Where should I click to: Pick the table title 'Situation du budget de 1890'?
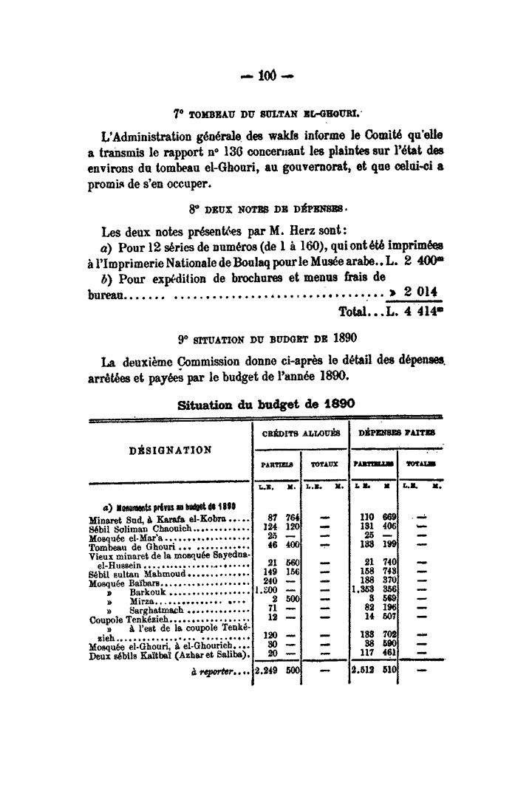(x=266, y=405)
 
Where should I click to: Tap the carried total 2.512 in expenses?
(x=364, y=670)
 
